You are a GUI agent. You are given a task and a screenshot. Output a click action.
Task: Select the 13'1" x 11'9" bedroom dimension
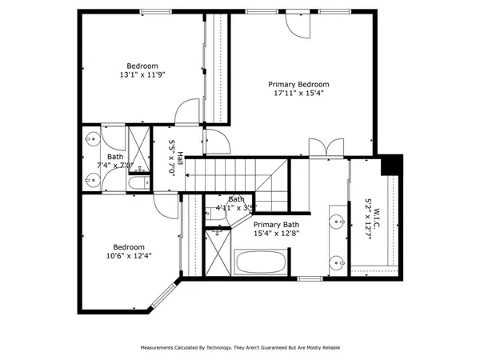pyautogui.click(x=142, y=75)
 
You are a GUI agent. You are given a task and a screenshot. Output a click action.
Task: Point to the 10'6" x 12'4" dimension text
pyautogui.click(x=130, y=256)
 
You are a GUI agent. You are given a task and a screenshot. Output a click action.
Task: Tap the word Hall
pyautogui.click(x=181, y=159)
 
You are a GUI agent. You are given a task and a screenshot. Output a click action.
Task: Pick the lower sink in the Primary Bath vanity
pyautogui.click(x=338, y=260)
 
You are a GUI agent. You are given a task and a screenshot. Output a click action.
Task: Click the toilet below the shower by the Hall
pyautogui.click(x=138, y=183)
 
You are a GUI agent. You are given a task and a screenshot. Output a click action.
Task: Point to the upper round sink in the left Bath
pyautogui.click(x=90, y=138)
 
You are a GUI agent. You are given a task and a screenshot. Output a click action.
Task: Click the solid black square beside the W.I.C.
pyautogui.click(x=391, y=163)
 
